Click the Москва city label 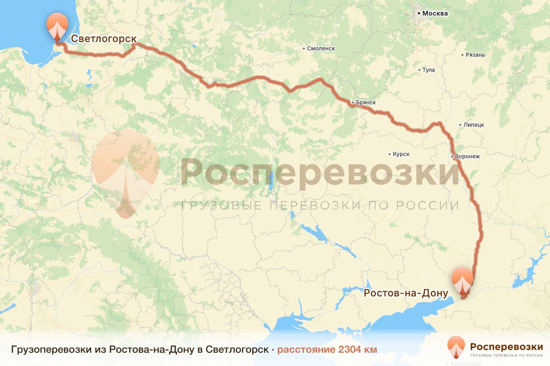pos(434,13)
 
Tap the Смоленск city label pos(321,48)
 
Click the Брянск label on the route pos(366,102)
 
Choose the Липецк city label pos(474,125)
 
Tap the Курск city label pos(401,154)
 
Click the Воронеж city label pos(467,156)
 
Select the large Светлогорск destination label pos(104,38)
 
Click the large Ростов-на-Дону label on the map pos(406,293)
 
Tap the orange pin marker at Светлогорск pos(57,27)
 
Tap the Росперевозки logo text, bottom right pos(506,346)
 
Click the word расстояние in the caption pos(306,350)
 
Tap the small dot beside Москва pos(419,14)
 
